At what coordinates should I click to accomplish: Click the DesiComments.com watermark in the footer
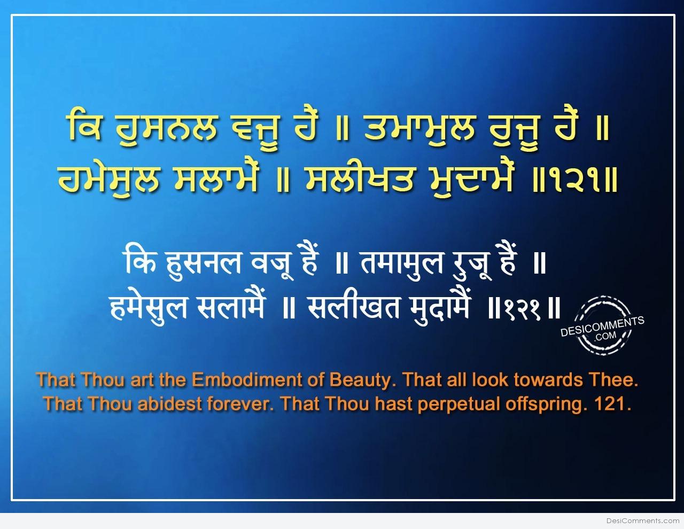[x=642, y=521]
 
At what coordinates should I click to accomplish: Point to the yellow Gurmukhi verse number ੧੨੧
[x=574, y=181]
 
